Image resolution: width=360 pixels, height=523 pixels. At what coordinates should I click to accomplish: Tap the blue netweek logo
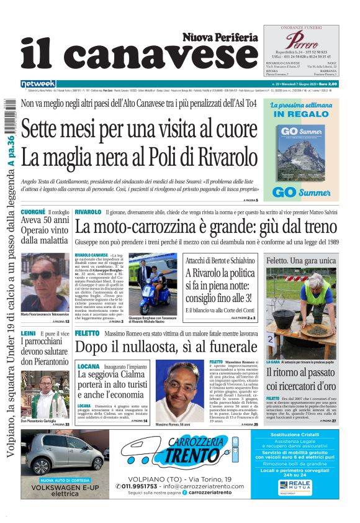38,84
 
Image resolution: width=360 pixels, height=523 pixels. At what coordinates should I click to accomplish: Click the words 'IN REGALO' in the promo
301,114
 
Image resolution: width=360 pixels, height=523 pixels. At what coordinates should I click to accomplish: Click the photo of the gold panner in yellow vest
301,311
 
